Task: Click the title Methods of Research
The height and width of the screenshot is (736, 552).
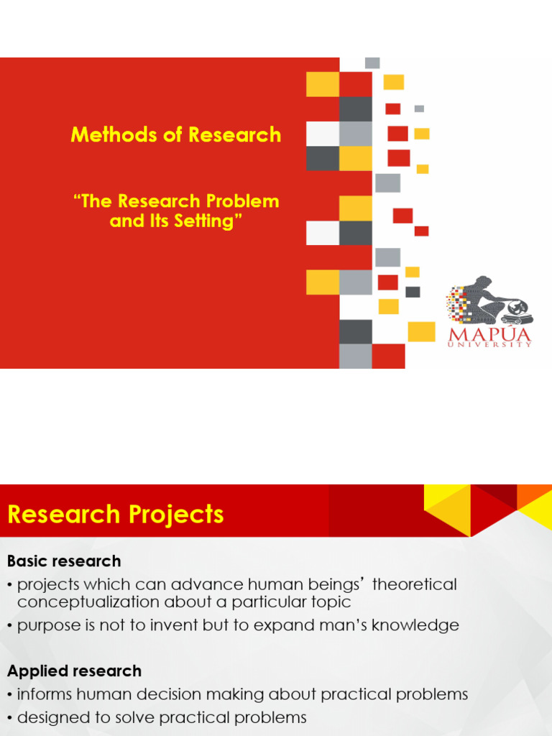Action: click(x=175, y=134)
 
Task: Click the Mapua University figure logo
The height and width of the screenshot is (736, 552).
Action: click(x=489, y=301)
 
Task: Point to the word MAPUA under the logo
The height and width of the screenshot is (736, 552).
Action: click(x=491, y=334)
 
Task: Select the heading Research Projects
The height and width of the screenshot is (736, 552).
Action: click(x=116, y=515)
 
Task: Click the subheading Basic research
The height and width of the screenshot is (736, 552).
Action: click(x=64, y=561)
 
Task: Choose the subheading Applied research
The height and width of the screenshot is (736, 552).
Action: click(x=74, y=671)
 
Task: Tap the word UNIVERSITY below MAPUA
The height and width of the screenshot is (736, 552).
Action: click(x=491, y=345)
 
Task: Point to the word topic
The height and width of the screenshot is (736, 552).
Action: click(x=332, y=602)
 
